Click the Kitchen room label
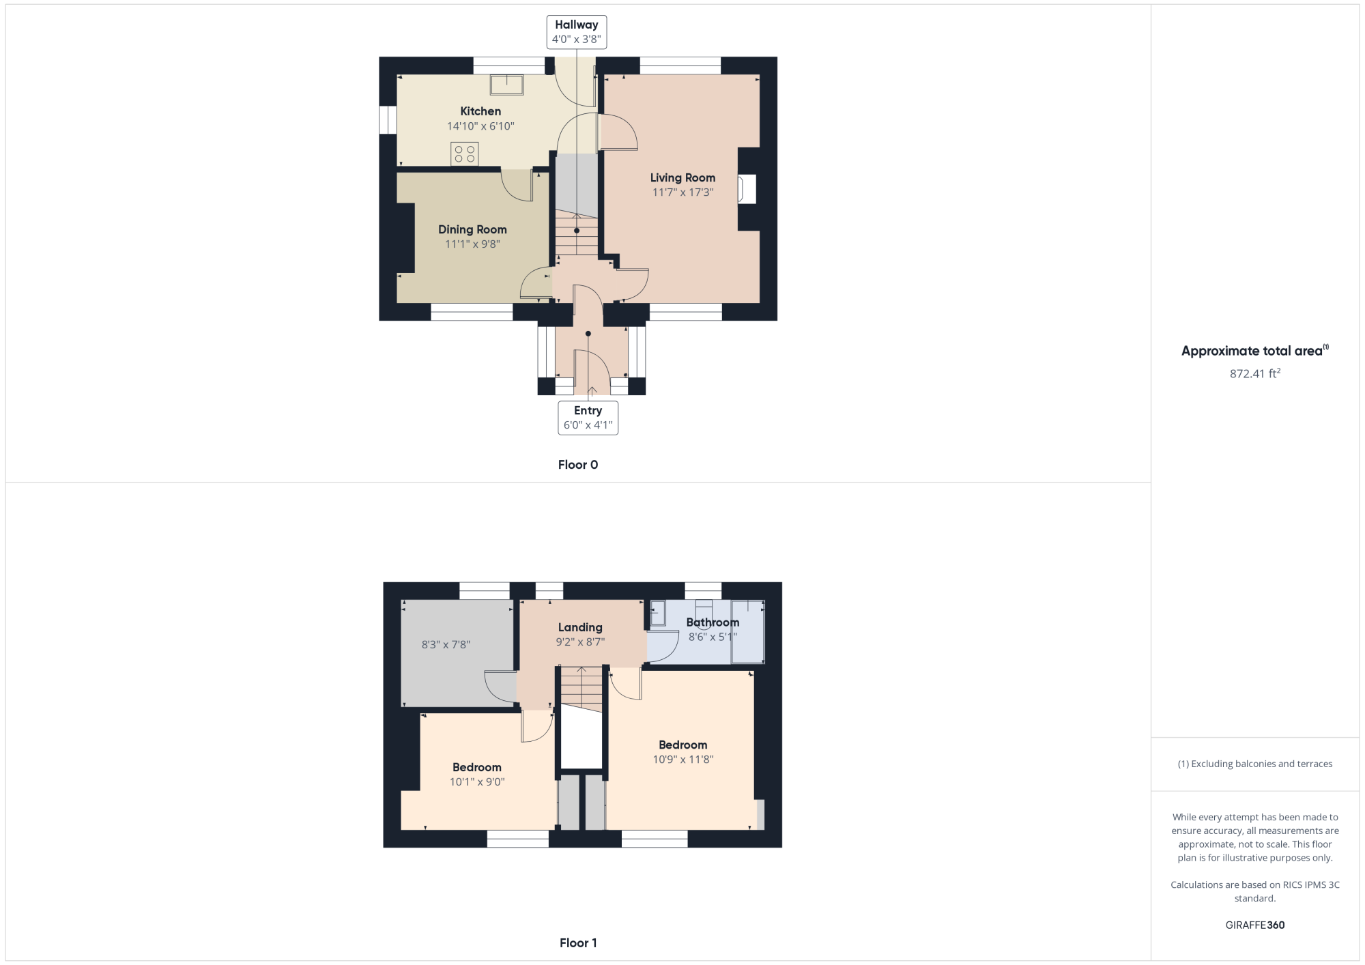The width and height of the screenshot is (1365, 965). click(x=480, y=111)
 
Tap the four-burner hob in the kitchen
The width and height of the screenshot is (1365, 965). click(x=465, y=154)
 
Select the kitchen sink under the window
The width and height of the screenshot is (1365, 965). click(x=507, y=85)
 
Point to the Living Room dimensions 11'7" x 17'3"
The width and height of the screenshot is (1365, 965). click(x=682, y=192)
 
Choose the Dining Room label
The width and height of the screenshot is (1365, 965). click(x=472, y=229)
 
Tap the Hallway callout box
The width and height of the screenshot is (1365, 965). click(x=577, y=32)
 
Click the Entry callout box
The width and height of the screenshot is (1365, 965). click(x=588, y=418)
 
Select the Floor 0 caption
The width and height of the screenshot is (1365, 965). click(x=578, y=465)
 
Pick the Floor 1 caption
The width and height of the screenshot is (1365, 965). click(x=578, y=943)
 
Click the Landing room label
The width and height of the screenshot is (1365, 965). click(x=580, y=627)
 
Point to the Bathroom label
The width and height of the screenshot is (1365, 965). click(x=713, y=622)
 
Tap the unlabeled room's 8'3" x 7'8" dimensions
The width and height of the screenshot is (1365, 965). click(x=446, y=644)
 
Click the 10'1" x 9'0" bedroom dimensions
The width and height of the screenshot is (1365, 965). click(x=477, y=782)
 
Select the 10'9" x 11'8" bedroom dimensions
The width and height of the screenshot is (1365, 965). click(x=683, y=760)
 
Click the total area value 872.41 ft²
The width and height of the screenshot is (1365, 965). click(x=1255, y=373)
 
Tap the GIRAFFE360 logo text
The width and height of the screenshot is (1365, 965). click(x=1255, y=925)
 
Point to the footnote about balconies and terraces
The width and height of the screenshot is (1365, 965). click(x=1255, y=764)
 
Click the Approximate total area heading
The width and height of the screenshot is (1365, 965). click(x=1255, y=351)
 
